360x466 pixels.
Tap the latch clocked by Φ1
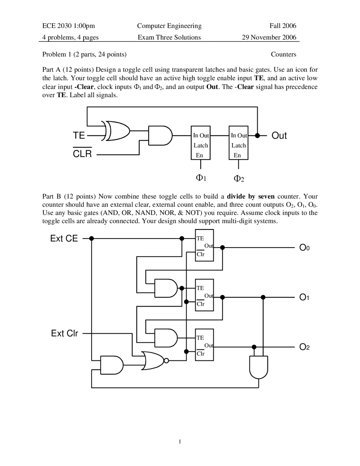click(x=201, y=143)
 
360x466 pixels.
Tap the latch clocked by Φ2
click(x=238, y=143)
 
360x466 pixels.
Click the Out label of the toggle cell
click(x=279, y=136)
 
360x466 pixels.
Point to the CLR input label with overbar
click(x=82, y=153)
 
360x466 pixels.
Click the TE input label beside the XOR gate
click(x=79, y=136)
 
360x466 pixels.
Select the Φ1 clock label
click(x=201, y=178)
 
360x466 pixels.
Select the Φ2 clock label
click(x=239, y=178)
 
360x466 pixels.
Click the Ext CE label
click(x=64, y=239)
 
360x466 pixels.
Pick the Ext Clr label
click(x=65, y=333)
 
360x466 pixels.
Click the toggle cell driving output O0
click(x=204, y=245)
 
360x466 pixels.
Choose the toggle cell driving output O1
click(x=204, y=295)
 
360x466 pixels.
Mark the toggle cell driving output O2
click(x=204, y=345)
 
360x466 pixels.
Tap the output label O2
click(x=304, y=347)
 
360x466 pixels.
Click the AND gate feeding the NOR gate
click(x=112, y=365)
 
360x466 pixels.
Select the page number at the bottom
click(x=180, y=442)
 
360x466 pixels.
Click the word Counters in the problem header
click(x=283, y=54)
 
